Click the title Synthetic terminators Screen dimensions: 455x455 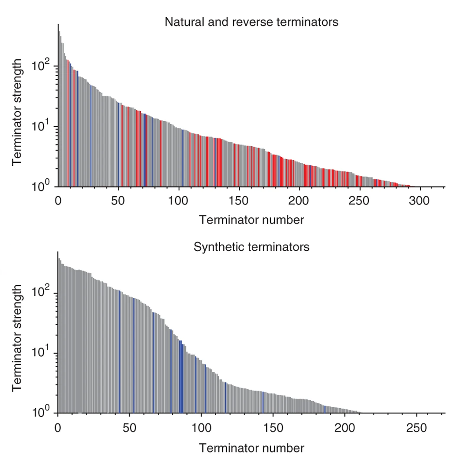(x=251, y=247)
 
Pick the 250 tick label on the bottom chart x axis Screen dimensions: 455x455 (x=416, y=428)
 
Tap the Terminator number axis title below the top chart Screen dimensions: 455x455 (x=251, y=220)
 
